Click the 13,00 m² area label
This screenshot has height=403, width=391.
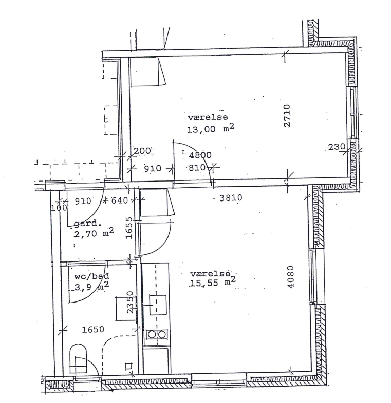[x=211, y=129]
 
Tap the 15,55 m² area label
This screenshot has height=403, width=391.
[x=213, y=282]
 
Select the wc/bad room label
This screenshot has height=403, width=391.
[x=91, y=276]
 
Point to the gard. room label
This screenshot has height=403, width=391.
[x=87, y=224]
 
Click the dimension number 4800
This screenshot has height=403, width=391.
[x=200, y=155]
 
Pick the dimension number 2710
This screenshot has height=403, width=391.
[x=287, y=115]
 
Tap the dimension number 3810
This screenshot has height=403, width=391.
[x=231, y=197]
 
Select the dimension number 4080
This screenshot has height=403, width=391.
[x=290, y=277]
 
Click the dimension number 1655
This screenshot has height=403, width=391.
[x=129, y=228]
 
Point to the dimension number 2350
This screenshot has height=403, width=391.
[x=131, y=301]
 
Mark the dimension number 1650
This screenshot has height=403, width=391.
[x=93, y=329]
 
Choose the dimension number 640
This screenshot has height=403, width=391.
[x=119, y=200]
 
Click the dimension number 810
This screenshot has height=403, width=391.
[x=197, y=168]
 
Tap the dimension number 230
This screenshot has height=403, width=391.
[x=337, y=147]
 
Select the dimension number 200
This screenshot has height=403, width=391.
[x=142, y=151]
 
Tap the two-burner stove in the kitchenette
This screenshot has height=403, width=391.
[x=157, y=335]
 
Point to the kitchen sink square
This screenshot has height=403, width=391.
[x=158, y=305]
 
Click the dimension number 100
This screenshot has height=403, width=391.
[x=59, y=208]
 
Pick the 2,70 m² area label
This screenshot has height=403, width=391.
[x=94, y=233]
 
